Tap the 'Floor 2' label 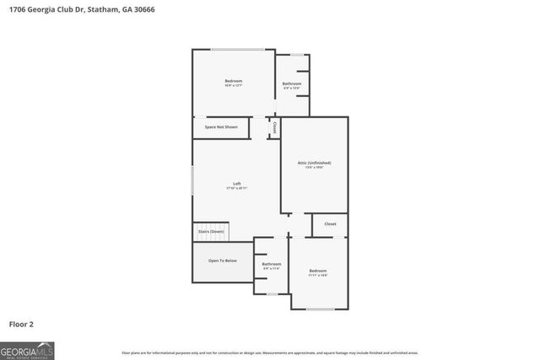(21, 323)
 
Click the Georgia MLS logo (27, 350)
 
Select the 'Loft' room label (237, 183)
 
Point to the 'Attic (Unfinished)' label (314, 162)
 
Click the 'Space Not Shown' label (221, 127)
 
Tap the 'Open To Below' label (223, 261)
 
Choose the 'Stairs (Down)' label (211, 231)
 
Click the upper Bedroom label (234, 80)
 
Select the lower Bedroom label (318, 270)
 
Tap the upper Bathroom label (292, 83)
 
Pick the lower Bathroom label (272, 264)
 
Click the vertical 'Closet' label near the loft (274, 127)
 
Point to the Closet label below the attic (330, 224)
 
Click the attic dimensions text (314, 167)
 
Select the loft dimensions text (236, 188)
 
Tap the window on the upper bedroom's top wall (238, 50)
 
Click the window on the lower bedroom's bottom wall (320, 309)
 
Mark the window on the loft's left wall (193, 181)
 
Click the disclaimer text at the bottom (270, 352)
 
